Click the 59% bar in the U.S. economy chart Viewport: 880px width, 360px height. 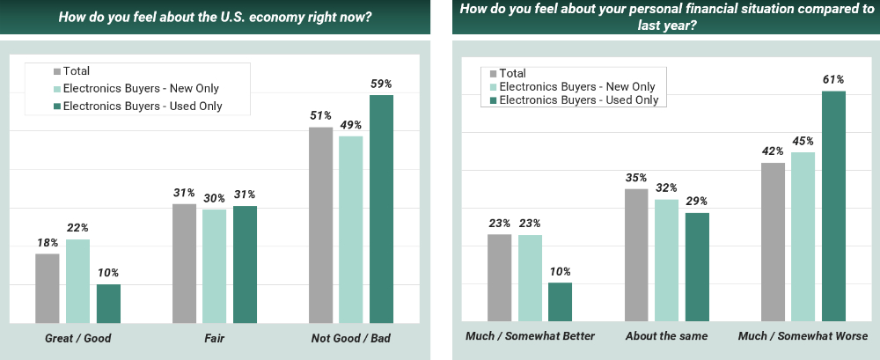coord(381,209)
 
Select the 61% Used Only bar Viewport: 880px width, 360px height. coord(833,207)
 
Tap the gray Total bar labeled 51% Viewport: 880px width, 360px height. coord(321,225)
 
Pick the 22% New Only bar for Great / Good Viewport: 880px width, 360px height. coord(77,281)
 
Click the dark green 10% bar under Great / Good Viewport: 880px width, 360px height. coord(108,304)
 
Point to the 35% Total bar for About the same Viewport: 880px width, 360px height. coord(636,255)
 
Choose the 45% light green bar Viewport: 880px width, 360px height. coord(803,237)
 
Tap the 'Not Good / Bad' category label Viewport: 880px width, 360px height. coord(350,338)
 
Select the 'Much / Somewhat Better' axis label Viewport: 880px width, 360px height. coord(530,336)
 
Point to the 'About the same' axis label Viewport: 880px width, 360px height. coord(665,336)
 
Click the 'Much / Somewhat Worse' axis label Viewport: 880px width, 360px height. coord(803,336)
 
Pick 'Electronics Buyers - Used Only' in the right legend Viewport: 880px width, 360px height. coord(577,100)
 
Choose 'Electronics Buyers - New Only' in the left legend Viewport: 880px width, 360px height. coord(136,89)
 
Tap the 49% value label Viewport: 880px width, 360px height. coord(351,125)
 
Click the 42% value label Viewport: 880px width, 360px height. coord(773,152)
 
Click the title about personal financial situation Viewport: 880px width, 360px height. coord(664,18)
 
